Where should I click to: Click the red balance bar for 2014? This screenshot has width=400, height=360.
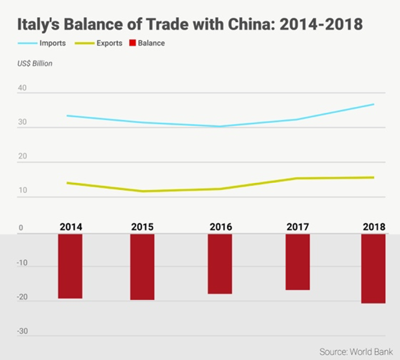pyautogui.click(x=70, y=265)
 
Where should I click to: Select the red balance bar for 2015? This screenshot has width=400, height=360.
pyautogui.click(x=142, y=266)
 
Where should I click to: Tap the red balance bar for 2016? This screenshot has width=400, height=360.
pyautogui.click(x=220, y=263)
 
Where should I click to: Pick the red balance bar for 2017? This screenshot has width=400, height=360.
pyautogui.click(x=297, y=261)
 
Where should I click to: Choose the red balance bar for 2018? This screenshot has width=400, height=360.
pyautogui.click(x=373, y=268)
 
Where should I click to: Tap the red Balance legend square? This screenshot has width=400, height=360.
pyautogui.click(x=133, y=43)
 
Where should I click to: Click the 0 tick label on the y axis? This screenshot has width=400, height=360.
pyautogui.click(x=21, y=228)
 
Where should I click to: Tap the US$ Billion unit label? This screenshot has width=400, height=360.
pyautogui.click(x=35, y=63)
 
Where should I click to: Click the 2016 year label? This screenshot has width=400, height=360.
pyautogui.click(x=221, y=227)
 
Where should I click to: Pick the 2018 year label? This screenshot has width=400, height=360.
pyautogui.click(x=374, y=227)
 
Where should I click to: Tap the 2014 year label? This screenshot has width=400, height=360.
pyautogui.click(x=71, y=227)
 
